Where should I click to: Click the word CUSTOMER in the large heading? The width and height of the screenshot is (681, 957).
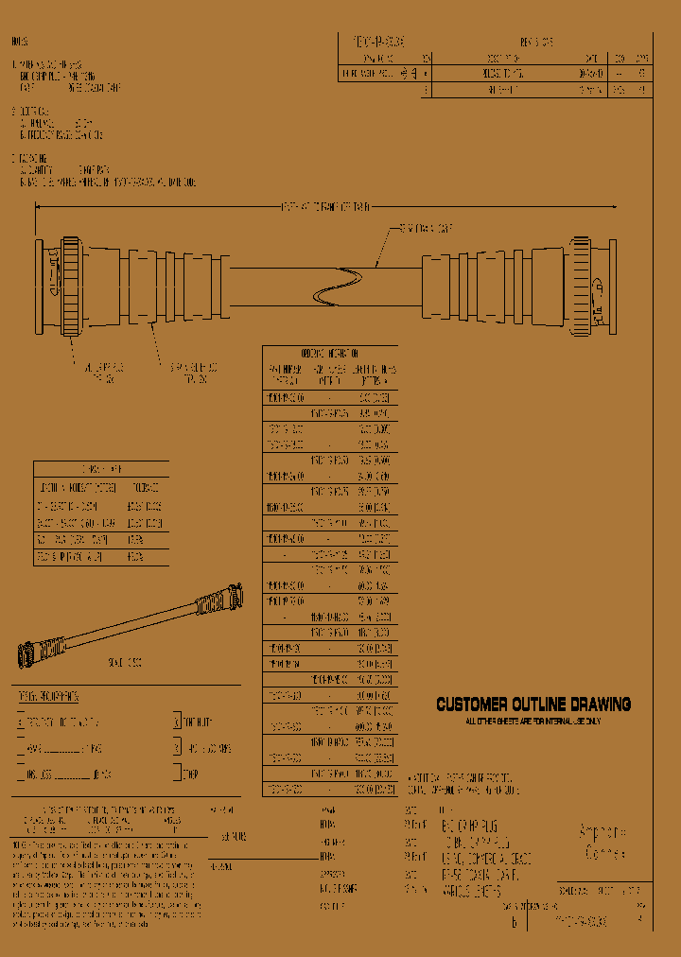(469, 705)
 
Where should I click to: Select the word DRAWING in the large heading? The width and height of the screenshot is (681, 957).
(598, 705)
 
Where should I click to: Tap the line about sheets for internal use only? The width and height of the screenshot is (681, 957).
(533, 721)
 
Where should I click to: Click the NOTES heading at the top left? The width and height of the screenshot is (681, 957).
(20, 43)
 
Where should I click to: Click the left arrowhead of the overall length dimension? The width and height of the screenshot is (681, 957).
(38, 207)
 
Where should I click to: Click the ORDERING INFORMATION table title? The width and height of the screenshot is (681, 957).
(329, 352)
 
